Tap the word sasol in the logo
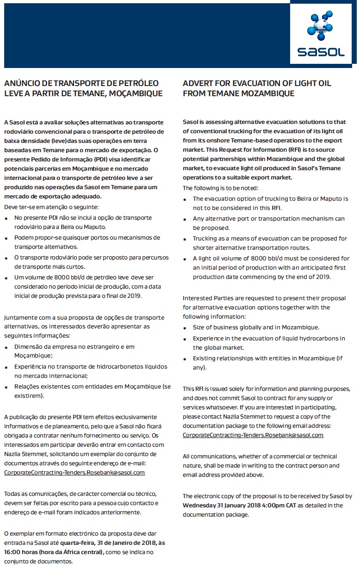tap(321, 52)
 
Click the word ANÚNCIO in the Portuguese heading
tap(22, 83)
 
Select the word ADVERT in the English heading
tap(197, 83)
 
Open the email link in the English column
tap(253, 435)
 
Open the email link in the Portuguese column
tap(74, 472)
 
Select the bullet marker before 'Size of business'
tap(186, 327)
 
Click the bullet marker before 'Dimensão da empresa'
tap(7, 346)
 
